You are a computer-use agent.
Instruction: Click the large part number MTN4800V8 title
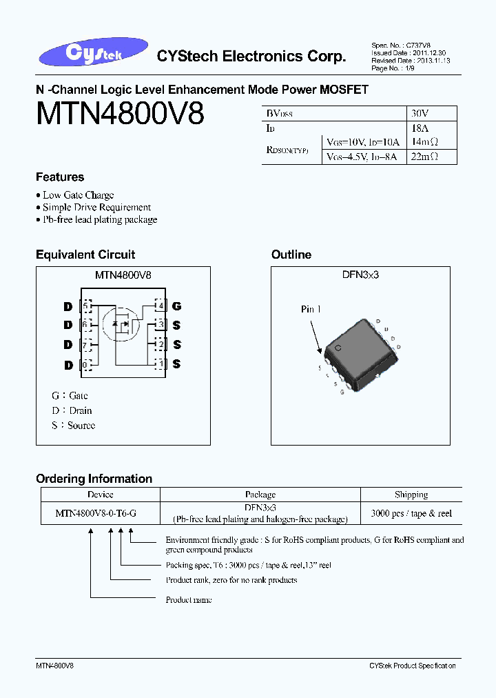120,114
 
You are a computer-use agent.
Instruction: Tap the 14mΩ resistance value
422,142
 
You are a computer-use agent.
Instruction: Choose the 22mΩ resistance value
422,157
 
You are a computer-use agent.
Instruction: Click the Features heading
60,177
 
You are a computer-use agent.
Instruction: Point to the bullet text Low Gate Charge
78,195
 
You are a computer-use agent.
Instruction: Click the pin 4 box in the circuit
160,306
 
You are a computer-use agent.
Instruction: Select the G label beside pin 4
177,306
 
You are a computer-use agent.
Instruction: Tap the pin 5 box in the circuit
86,306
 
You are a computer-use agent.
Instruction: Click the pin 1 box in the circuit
160,364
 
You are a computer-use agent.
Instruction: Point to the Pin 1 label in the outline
311,309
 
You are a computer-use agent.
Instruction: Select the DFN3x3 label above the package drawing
360,275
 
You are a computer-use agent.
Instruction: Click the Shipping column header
411,495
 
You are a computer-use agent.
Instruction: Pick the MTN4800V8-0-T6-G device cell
100,514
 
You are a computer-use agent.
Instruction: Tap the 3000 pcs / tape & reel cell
411,514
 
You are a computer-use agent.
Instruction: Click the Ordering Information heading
94,479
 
